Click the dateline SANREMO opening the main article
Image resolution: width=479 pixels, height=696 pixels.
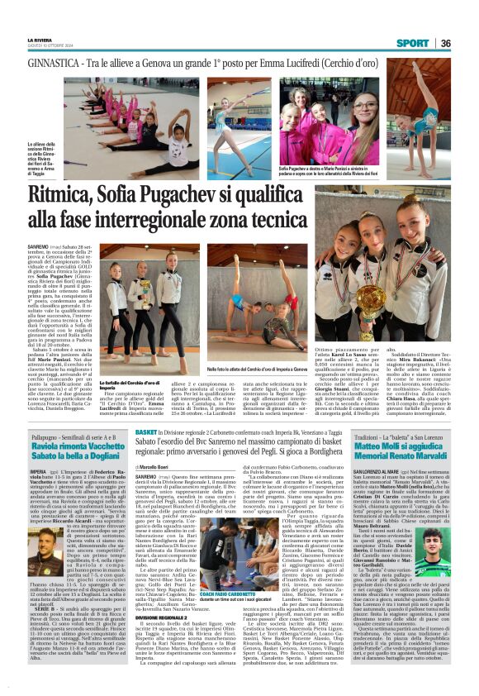coord(38,247)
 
